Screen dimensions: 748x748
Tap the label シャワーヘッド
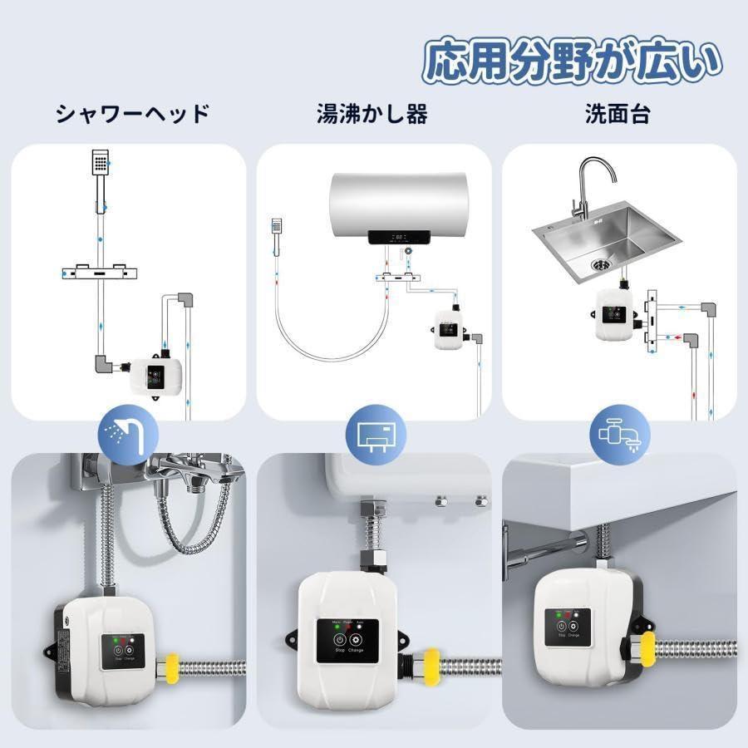click(132, 114)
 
